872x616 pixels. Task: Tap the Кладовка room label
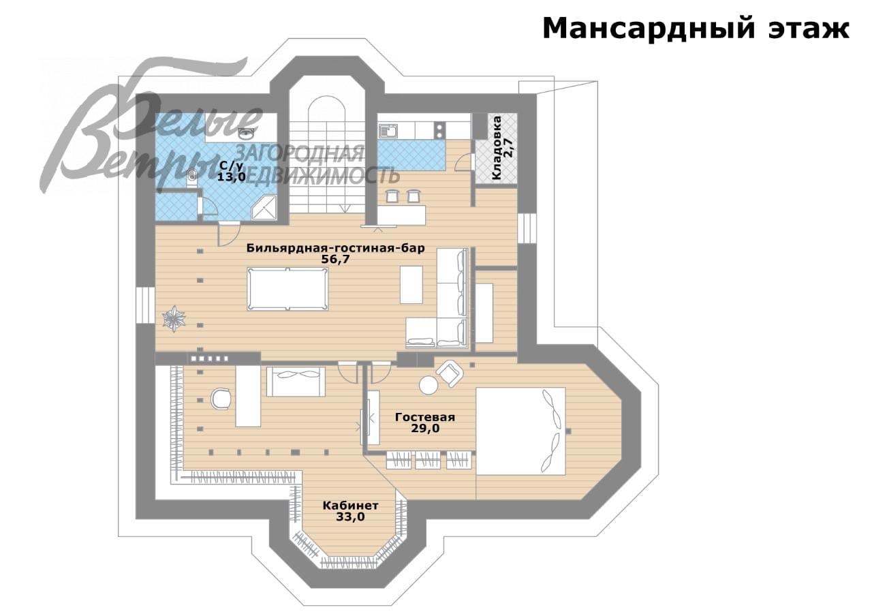click(497, 147)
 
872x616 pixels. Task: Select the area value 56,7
click(335, 260)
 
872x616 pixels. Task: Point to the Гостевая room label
click(424, 418)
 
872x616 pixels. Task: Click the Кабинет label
click(350, 506)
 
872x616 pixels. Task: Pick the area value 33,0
click(350, 517)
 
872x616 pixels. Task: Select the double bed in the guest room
click(521, 431)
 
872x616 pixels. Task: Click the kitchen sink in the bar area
click(389, 130)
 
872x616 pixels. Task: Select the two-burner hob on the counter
click(440, 129)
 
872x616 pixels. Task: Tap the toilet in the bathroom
click(192, 177)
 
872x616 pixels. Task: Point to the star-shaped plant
click(174, 318)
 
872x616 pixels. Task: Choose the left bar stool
click(392, 196)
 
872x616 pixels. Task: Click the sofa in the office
click(296, 381)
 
